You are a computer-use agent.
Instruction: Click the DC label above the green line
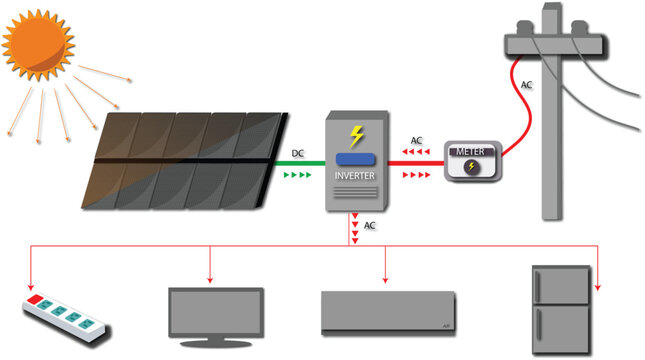(298, 153)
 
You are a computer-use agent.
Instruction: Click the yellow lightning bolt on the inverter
(356, 136)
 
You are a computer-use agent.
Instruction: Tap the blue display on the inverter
(356, 159)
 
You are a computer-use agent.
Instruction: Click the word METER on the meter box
(470, 151)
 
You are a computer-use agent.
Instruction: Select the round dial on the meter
(470, 169)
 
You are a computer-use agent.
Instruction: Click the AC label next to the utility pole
(526, 85)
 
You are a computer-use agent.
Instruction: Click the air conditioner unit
(388, 312)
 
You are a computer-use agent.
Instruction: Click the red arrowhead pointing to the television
(210, 279)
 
